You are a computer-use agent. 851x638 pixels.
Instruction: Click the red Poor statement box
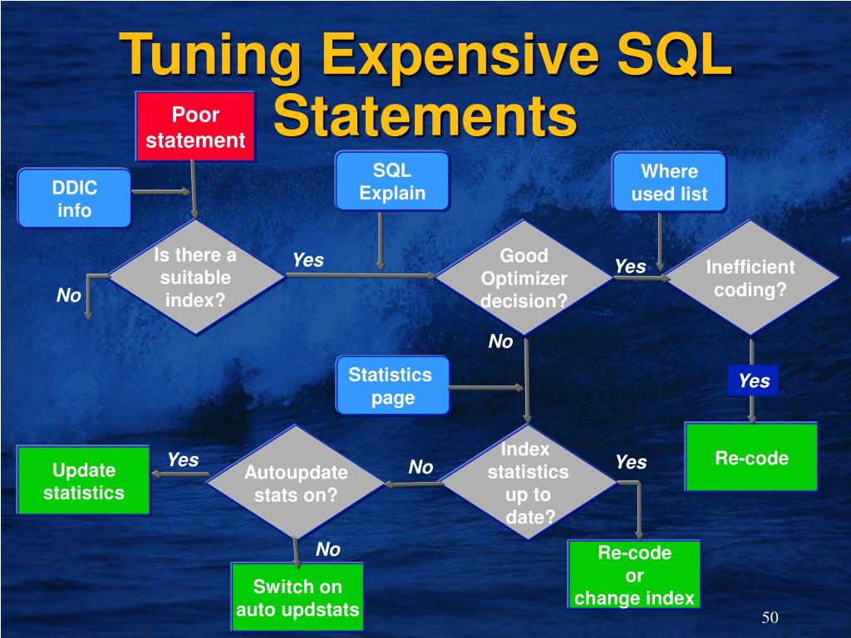[x=195, y=126]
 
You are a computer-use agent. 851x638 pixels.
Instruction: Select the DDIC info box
[x=74, y=199]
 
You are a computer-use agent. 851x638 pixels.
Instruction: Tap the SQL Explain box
[x=392, y=181]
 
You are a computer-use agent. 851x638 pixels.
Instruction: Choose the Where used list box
[x=669, y=182]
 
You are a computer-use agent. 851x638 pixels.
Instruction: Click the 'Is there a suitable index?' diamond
[x=195, y=277]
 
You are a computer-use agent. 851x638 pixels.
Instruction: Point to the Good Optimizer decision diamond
[x=524, y=277]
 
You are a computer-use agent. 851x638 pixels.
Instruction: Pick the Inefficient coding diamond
[x=750, y=278]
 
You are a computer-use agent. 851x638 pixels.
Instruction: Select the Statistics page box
[x=391, y=385]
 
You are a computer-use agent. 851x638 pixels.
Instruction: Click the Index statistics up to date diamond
[x=528, y=483]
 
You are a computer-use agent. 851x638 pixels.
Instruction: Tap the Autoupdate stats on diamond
[x=295, y=483]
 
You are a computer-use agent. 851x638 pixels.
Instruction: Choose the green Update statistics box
[x=83, y=481]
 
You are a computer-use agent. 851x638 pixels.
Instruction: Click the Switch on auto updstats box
[x=298, y=597]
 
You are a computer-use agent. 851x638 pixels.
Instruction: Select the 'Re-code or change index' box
[x=634, y=575]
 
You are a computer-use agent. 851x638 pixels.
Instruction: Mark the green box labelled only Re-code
[x=751, y=458]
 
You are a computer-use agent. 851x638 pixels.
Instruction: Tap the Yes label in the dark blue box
[x=754, y=381]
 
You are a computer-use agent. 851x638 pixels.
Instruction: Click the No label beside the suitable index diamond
[x=69, y=296]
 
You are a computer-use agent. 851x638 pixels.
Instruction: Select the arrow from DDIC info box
[x=160, y=192]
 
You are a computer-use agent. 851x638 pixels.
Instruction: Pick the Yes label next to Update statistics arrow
[x=183, y=459]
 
